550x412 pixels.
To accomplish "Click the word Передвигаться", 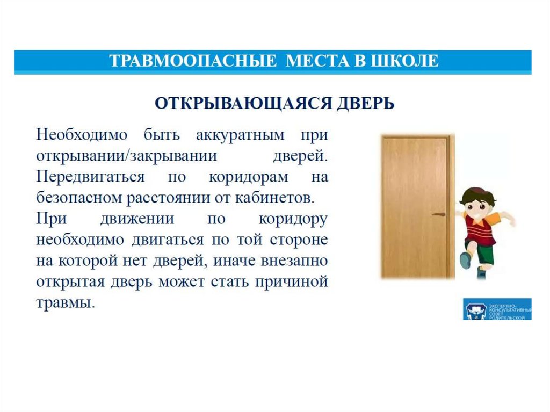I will click(x=90, y=177).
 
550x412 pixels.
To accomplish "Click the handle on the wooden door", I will click(x=438, y=214).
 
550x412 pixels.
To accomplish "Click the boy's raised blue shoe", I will click(x=465, y=261).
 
